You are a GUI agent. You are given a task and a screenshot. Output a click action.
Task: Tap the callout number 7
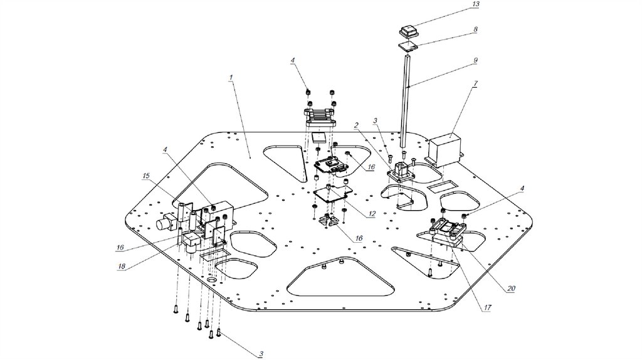click(476, 83)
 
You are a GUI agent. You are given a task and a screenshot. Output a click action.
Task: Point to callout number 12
click(372, 214)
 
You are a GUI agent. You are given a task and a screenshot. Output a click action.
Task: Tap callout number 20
click(511, 289)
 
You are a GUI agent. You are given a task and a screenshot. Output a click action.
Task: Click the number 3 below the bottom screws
click(260, 354)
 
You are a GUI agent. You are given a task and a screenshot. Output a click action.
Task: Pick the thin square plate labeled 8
click(409, 46)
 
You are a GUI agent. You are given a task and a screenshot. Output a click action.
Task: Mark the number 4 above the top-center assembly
click(292, 60)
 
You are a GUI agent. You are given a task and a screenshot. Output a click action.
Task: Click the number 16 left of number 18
click(120, 247)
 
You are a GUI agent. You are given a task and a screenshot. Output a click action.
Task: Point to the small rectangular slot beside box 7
click(443, 187)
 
